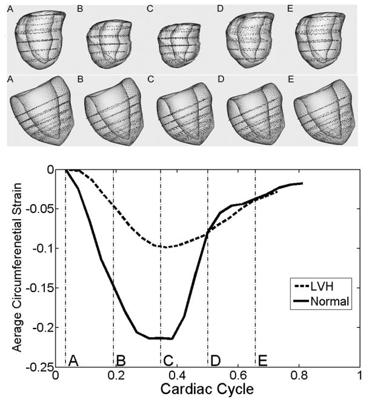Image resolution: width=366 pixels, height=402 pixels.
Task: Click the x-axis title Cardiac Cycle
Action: click(207, 388)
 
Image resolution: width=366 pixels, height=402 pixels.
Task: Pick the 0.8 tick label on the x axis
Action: click(299, 374)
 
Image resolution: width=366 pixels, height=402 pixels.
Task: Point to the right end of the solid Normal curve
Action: click(301, 183)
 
